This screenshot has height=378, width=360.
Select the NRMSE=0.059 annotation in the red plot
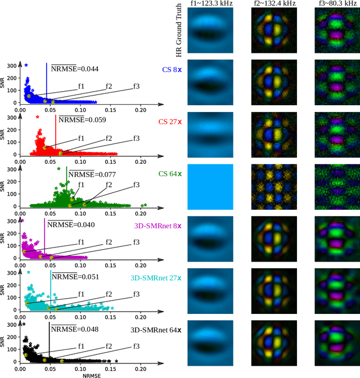(x=82, y=120)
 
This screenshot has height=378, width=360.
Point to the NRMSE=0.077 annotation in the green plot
(x=92, y=174)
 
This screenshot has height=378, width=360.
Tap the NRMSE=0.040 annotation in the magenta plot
(x=70, y=225)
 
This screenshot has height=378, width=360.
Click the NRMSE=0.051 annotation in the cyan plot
(x=75, y=276)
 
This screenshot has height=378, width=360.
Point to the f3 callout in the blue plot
(x=136, y=86)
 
